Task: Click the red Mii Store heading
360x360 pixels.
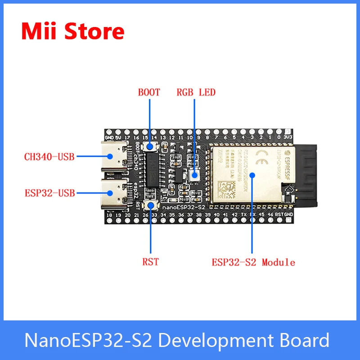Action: pos(73,31)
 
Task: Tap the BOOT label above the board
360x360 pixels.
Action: pos(149,93)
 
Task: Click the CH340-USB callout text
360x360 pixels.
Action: pos(49,157)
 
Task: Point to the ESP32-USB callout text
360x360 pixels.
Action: pos(49,193)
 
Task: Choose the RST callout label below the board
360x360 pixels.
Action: pos(151,261)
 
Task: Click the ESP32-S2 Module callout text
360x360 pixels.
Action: pos(253,262)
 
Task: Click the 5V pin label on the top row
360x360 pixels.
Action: pos(119,137)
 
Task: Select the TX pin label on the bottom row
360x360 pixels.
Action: pos(243,215)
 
